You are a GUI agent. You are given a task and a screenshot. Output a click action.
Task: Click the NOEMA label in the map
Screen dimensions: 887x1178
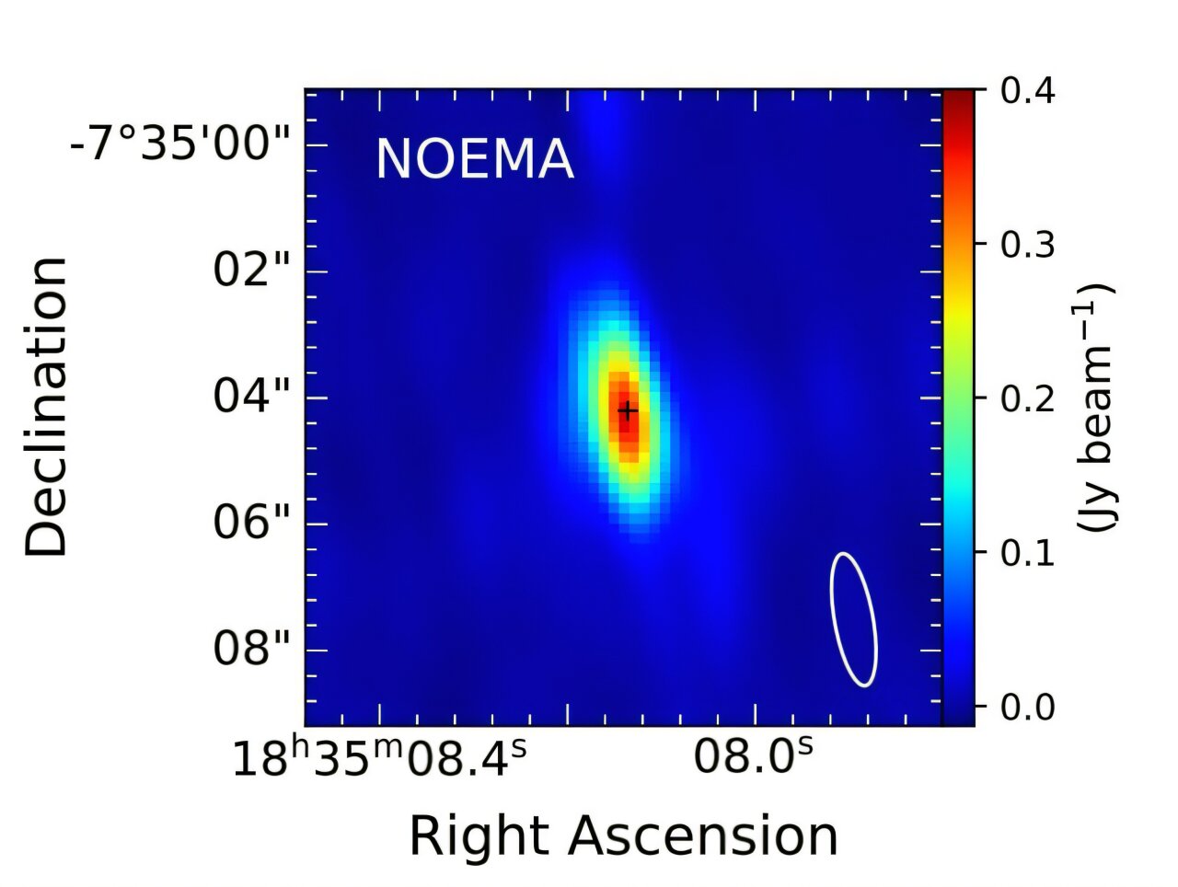474,159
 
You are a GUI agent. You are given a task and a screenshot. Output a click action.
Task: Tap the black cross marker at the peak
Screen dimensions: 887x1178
628,409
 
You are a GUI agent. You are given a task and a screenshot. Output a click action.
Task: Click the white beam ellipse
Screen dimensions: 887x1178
853,618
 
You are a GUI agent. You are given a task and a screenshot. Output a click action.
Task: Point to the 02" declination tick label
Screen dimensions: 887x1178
244,271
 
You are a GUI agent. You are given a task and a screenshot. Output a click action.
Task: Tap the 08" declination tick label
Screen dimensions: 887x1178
244,650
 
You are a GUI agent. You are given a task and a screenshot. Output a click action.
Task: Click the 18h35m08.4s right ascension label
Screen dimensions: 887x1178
378,760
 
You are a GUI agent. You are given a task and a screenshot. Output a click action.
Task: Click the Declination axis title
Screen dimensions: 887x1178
47,407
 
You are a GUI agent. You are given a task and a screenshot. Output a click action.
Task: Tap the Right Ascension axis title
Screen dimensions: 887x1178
623,836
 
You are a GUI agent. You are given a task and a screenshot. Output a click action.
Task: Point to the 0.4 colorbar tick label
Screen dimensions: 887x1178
1025,91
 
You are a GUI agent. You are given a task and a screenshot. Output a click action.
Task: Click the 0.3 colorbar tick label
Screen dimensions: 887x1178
1025,245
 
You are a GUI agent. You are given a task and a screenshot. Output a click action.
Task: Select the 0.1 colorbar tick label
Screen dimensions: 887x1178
1025,552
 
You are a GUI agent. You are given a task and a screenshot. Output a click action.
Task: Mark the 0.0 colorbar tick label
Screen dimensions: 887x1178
1025,707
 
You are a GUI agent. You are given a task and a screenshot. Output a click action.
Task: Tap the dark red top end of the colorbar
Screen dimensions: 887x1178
958,96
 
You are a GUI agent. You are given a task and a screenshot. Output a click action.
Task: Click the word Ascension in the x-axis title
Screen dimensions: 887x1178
701,836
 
